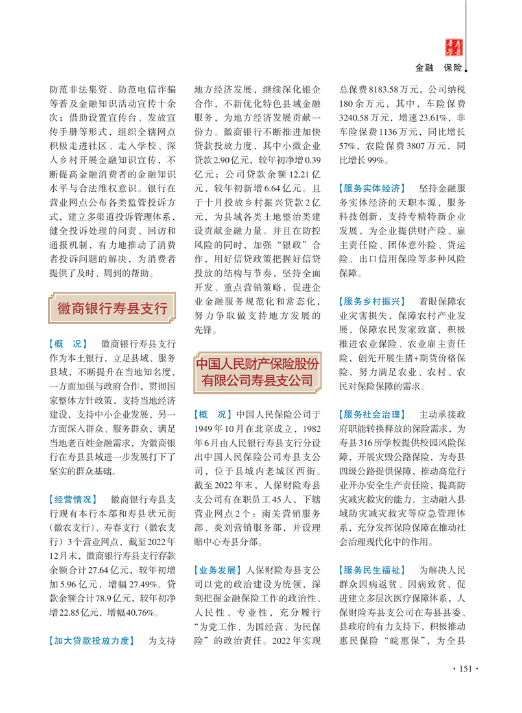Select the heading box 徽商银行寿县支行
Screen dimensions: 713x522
tap(112, 307)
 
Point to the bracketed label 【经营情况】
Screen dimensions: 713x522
tap(73, 499)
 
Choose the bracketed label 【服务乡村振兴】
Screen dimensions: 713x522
tap(372, 301)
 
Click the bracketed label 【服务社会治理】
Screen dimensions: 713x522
tap(372, 414)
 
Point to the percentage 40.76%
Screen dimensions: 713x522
tap(138, 594)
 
